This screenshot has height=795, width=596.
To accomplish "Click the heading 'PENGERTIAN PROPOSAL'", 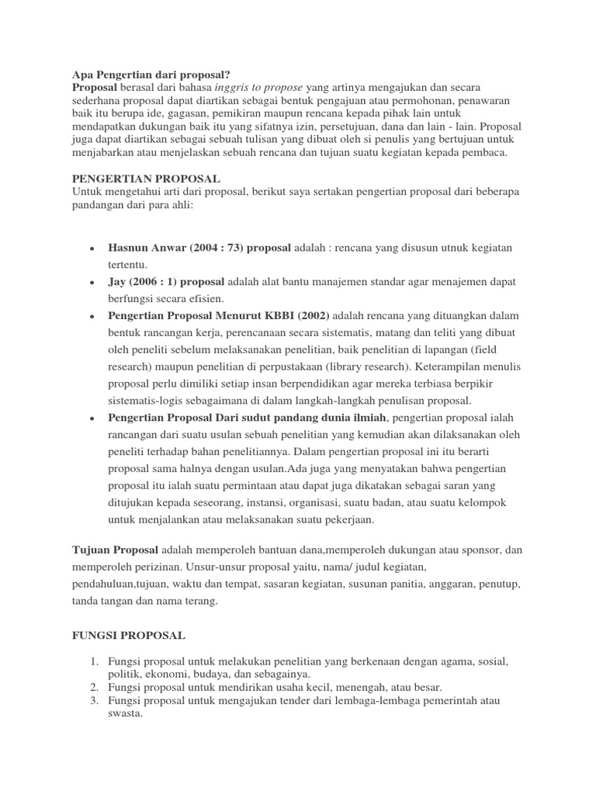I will [x=146, y=179].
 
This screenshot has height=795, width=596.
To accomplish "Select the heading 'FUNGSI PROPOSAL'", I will [x=128, y=635].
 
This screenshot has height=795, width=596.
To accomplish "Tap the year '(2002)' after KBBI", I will [x=310, y=316].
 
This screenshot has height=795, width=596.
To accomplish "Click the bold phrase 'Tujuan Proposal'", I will [x=115, y=550].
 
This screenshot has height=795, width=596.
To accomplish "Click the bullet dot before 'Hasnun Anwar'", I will [x=92, y=248].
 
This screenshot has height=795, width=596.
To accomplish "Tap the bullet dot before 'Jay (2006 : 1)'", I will [x=92, y=283].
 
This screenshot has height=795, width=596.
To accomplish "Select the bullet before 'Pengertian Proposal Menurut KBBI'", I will [x=92, y=317].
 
